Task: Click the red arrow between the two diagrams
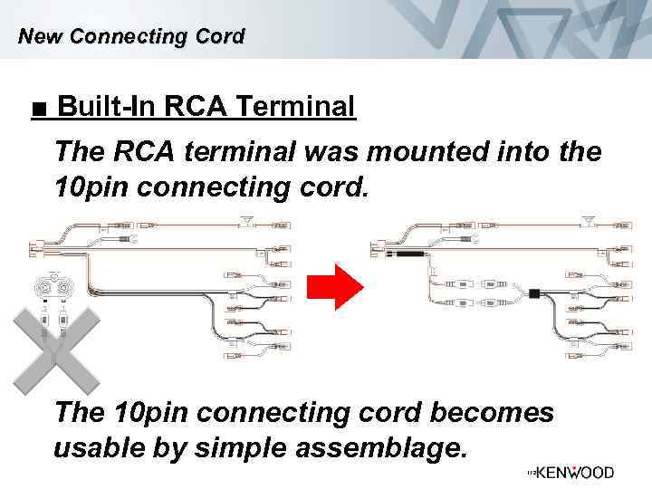(334, 288)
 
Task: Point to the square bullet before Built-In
(36, 110)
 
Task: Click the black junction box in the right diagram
(536, 293)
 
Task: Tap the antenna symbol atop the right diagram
(590, 220)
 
